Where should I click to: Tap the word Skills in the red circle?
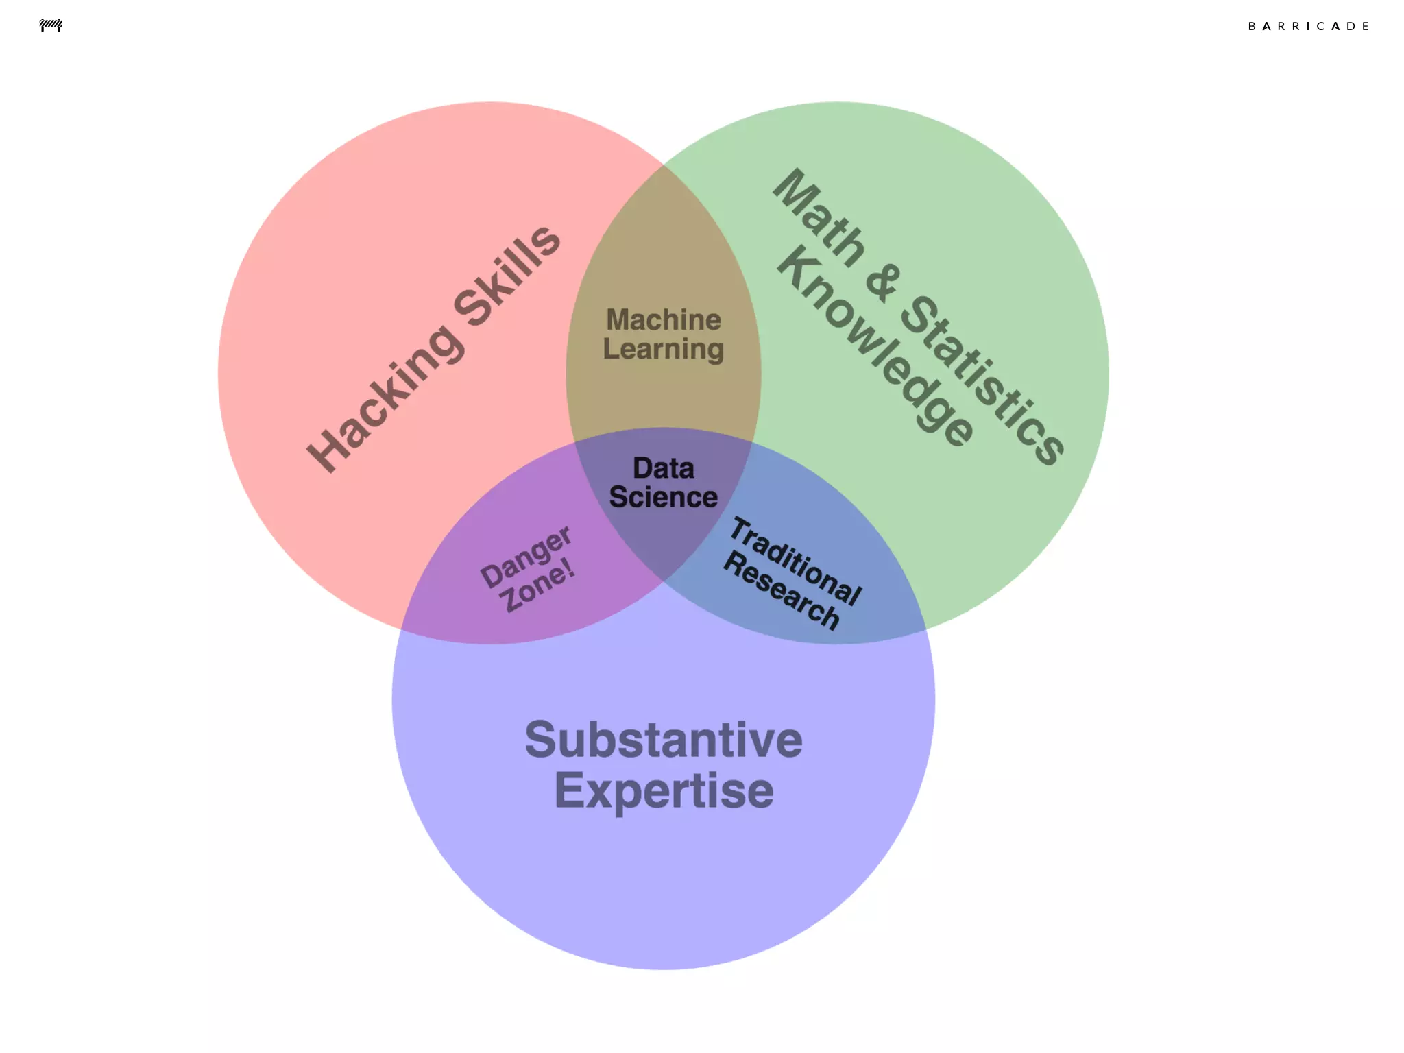(508, 274)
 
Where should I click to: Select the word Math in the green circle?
(819, 218)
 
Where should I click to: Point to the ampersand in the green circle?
(882, 280)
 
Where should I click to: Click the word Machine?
(664, 319)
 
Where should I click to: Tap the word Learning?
(664, 350)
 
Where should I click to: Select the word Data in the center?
(664, 468)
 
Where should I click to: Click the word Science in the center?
(664, 497)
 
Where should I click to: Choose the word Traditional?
(795, 561)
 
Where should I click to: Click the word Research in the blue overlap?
(781, 590)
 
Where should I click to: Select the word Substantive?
(664, 740)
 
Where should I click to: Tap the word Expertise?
(664, 790)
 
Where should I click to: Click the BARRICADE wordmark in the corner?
(1308, 26)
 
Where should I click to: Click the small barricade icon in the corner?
(51, 25)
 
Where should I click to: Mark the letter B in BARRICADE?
(1252, 26)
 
